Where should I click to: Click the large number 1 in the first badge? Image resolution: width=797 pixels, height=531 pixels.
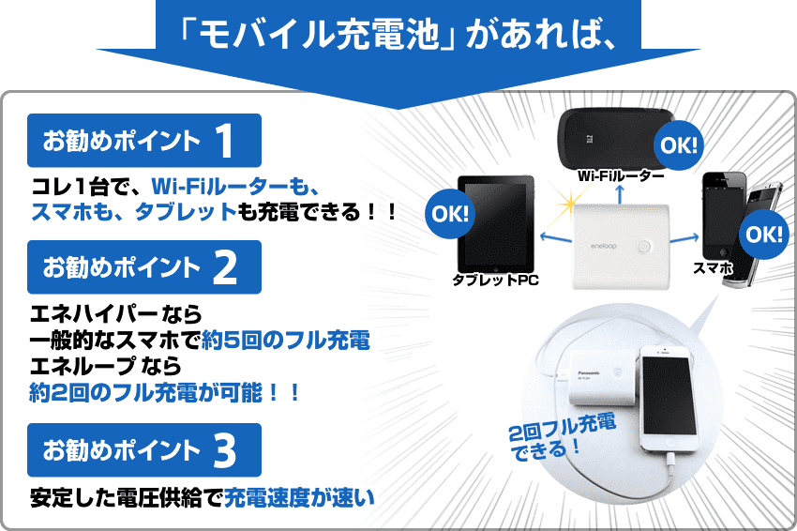pos(225,141)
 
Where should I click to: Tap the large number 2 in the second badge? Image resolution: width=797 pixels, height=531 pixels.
pos(225,267)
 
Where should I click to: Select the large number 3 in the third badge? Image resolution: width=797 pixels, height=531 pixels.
pos(225,450)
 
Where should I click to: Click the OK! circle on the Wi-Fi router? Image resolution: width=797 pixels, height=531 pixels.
pos(679,145)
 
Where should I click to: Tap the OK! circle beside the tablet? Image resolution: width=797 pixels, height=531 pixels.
pos(450,214)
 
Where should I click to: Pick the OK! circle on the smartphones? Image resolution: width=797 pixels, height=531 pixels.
pos(764,235)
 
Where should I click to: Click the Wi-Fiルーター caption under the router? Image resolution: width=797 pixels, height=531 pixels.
pos(621,176)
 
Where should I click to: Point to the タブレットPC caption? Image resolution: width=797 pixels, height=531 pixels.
pos(495,280)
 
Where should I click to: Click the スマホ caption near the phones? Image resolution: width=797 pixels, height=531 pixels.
pos(714,267)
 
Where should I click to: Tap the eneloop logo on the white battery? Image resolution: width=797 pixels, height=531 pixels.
pos(603,246)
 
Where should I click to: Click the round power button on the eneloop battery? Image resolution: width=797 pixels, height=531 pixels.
pos(644,247)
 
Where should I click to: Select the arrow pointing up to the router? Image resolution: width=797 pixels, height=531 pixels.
pos(620,194)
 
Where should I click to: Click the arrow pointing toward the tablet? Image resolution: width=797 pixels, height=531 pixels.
pos(556,237)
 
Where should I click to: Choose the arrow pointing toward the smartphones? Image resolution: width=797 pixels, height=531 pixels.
pos(685,238)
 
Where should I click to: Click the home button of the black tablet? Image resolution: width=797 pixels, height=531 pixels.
pos(496,267)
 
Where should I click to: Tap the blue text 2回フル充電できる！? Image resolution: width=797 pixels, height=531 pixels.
pos(563,436)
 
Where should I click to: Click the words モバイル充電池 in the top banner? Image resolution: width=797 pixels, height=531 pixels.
pos(318,35)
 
